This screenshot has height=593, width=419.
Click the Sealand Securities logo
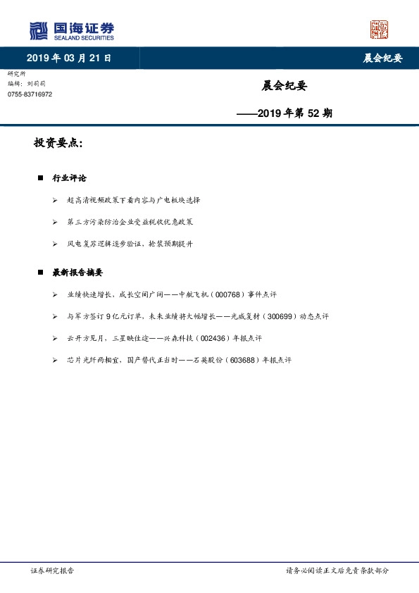tap(70, 30)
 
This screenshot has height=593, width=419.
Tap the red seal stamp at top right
tap(380, 30)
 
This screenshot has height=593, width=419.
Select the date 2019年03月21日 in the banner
tap(69, 58)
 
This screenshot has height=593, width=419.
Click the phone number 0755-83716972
tap(30, 94)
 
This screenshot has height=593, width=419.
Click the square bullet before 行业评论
tap(41, 178)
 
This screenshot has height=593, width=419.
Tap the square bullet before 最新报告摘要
tap(41, 273)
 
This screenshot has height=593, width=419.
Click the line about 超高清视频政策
tap(133, 200)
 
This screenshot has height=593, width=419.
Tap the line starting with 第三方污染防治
tap(130, 222)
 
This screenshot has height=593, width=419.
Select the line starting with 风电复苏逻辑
tap(130, 244)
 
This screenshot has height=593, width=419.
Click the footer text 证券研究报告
tap(52, 571)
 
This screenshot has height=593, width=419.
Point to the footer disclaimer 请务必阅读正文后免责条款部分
tap(337, 571)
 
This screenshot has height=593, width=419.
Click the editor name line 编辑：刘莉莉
tap(27, 83)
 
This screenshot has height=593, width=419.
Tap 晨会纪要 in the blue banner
tap(382, 58)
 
